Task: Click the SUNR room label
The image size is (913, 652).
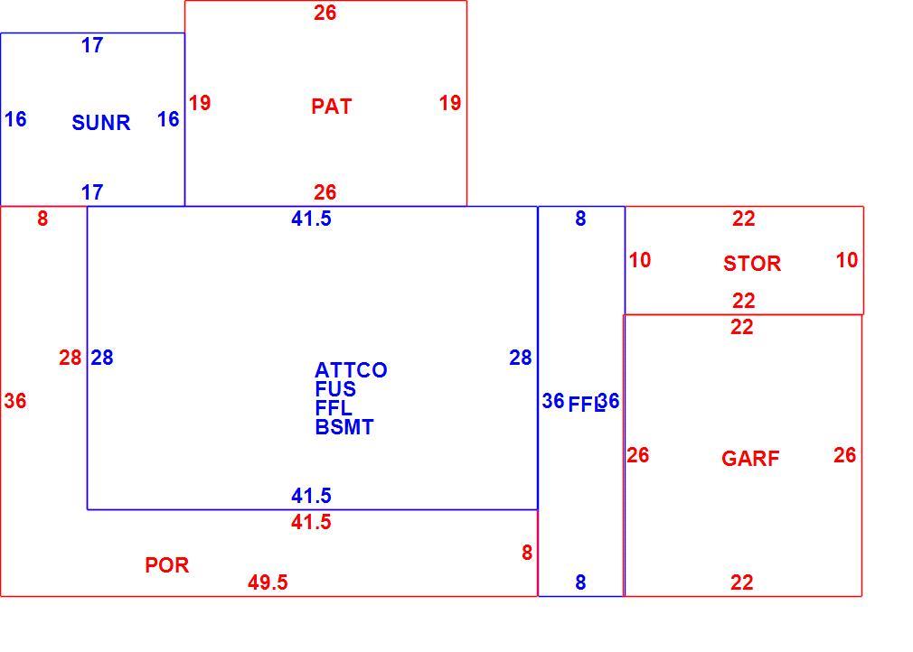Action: point(100,123)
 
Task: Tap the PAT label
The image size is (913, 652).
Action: point(332,107)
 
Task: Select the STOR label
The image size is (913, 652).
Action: point(752,264)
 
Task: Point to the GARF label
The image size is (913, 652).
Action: point(750,459)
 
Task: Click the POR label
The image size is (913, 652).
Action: point(166,565)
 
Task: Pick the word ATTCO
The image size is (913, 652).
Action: point(351,370)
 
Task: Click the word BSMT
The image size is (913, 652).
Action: point(344,427)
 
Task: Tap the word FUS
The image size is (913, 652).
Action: point(335,388)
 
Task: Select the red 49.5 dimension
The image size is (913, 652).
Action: point(268,582)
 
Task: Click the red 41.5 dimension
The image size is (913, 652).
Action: point(311,522)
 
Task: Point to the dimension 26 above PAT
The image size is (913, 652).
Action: point(325,13)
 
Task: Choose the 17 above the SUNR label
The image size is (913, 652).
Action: point(92,45)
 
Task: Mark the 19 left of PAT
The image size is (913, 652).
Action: point(200,103)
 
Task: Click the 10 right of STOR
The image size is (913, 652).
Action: point(847,260)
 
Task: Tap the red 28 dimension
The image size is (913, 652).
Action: point(70,358)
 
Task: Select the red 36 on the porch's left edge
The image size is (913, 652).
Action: point(15,401)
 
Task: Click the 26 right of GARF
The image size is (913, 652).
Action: point(844,455)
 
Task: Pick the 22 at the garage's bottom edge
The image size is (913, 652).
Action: point(742,582)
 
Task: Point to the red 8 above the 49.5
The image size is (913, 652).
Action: point(527,553)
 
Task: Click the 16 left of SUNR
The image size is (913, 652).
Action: point(15,119)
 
